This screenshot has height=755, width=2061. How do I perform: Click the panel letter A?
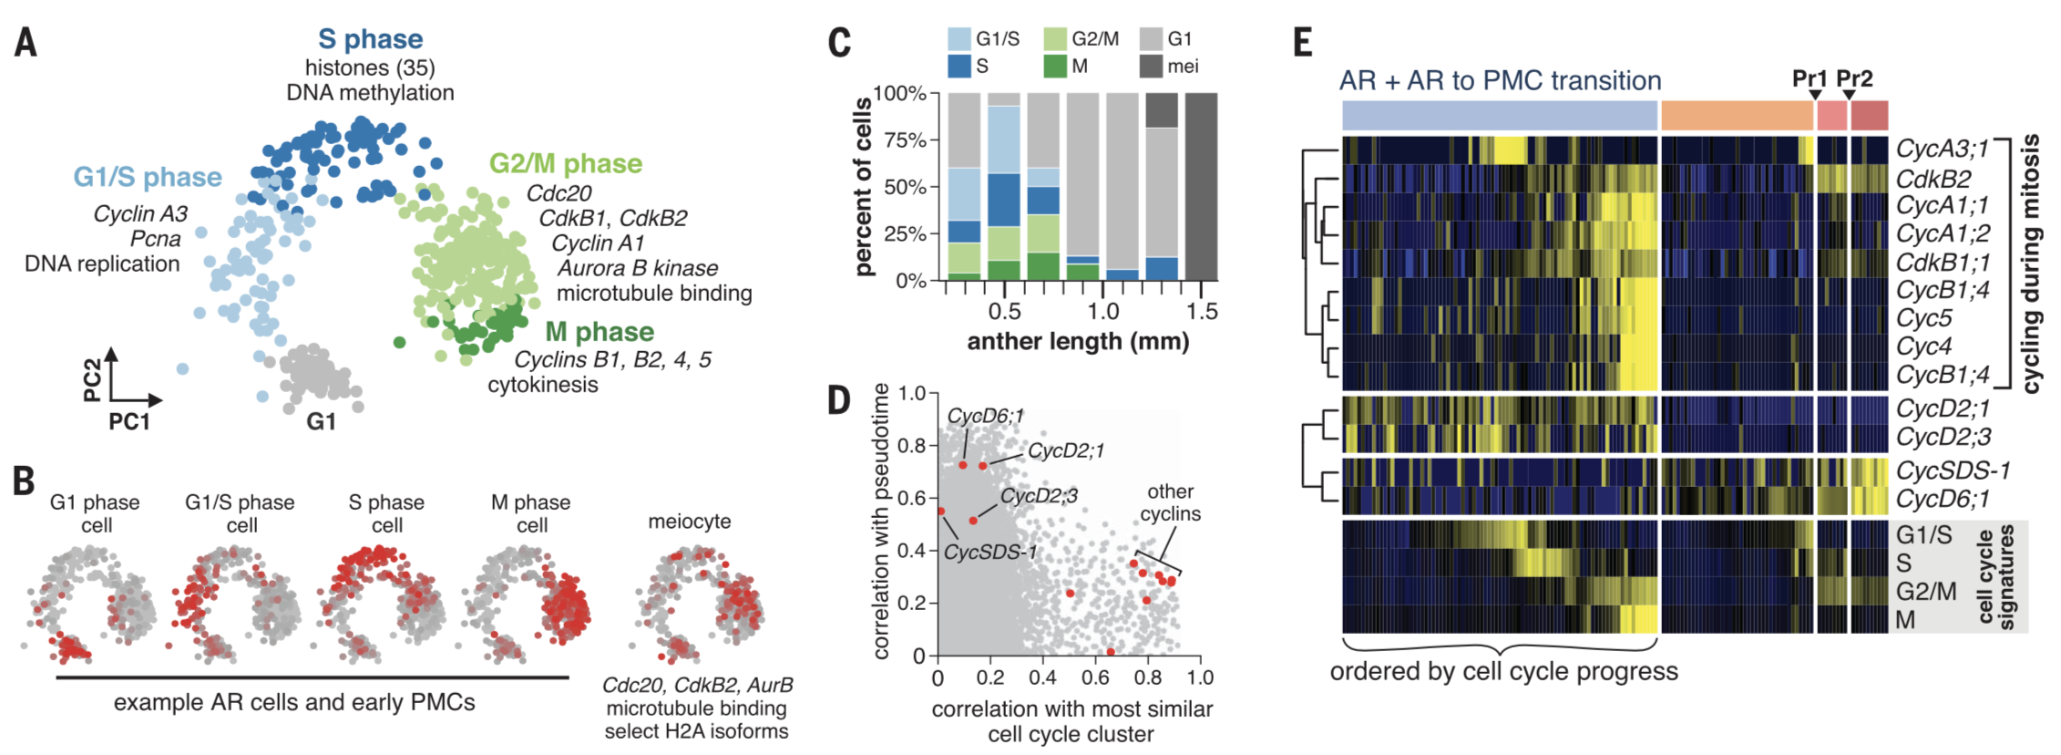point(26,43)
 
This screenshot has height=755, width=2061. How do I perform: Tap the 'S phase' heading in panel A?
point(370,39)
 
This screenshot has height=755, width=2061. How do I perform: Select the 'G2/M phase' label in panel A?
point(565,164)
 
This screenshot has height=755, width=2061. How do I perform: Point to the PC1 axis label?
point(128,421)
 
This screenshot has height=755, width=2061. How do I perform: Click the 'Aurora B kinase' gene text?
point(637,268)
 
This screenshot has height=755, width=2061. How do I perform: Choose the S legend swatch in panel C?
point(959,67)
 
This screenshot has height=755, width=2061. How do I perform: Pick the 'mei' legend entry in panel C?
point(1183,67)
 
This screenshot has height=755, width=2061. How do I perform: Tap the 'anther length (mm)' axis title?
point(1078,342)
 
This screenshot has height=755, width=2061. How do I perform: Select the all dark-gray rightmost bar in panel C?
point(1201,187)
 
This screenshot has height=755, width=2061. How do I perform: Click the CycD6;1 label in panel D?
point(984,416)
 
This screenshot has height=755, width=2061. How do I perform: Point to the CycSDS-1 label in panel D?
point(989,553)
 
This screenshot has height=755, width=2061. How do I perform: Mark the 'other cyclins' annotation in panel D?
point(1170,502)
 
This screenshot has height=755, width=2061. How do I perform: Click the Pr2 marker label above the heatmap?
point(1854,79)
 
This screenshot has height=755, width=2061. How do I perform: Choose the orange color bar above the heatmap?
point(1737,116)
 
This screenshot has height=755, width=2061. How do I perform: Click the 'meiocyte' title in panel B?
point(689,522)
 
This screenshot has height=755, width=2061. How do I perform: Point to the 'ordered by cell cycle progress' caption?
point(1503,672)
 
